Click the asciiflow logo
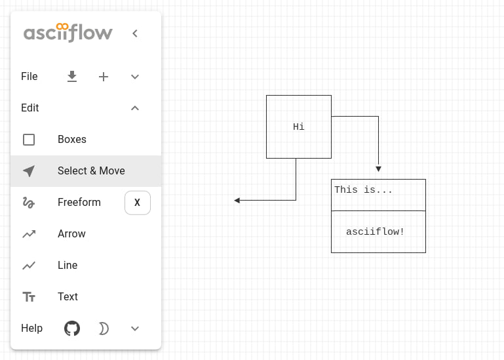click(68, 33)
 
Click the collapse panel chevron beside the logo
click(135, 33)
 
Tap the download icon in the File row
click(72, 77)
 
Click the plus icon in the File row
click(104, 77)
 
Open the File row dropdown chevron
click(135, 77)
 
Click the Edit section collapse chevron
click(135, 108)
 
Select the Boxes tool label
click(72, 139)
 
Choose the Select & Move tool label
click(91, 171)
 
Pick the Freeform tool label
click(79, 203)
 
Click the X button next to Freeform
click(138, 203)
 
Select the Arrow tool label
click(71, 234)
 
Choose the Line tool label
click(68, 265)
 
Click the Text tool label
click(68, 296)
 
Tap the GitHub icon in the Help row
click(72, 329)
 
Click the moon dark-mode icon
click(104, 329)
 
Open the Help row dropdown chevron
click(135, 329)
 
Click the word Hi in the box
click(299, 127)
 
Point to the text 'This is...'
click(363, 190)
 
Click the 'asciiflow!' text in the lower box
click(375, 231)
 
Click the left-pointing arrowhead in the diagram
click(237, 201)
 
